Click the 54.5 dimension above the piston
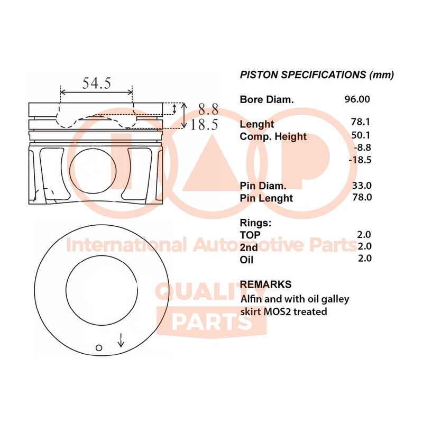[x=97, y=83]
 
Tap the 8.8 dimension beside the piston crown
[x=208, y=109]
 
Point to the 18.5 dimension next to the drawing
[x=204, y=124]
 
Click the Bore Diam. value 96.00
[x=357, y=99]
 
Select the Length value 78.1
[x=361, y=122]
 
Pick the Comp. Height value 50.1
[x=361, y=135]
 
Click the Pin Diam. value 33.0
[x=362, y=186]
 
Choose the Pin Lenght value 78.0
[x=362, y=197]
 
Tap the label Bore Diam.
[x=266, y=99]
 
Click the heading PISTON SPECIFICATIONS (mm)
[x=317, y=75]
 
